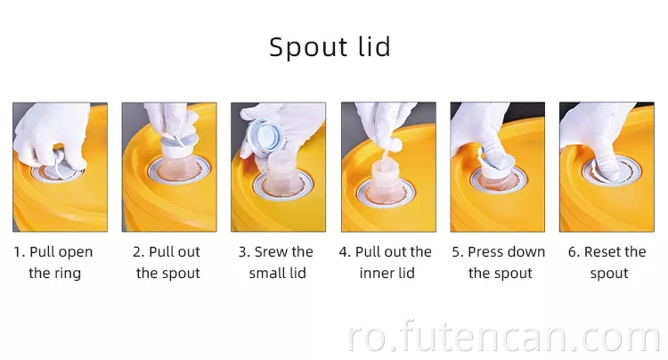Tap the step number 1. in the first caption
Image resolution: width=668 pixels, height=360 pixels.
click(x=20, y=252)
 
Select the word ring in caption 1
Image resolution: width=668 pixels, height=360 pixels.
click(x=69, y=274)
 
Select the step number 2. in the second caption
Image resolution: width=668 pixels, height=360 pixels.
click(x=139, y=252)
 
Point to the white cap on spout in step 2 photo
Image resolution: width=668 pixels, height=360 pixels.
click(x=177, y=146)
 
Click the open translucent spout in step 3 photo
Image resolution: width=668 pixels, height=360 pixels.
click(x=281, y=173)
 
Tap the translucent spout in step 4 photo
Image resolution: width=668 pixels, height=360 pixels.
click(x=386, y=180)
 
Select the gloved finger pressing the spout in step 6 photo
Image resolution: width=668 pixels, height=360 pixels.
click(x=608, y=164)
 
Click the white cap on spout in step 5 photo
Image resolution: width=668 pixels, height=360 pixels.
click(x=496, y=165)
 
